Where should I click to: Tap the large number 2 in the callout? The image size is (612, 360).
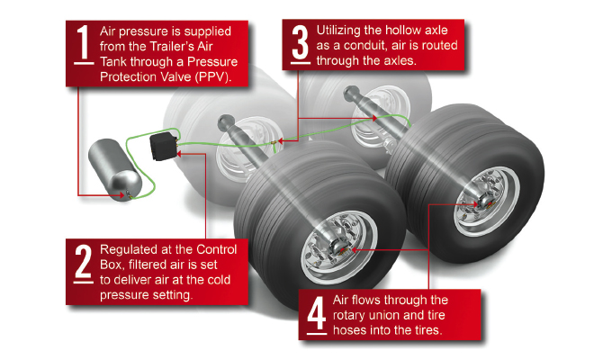pyautogui.click(x=83, y=260)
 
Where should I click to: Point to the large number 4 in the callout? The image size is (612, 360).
pyautogui.click(x=315, y=314)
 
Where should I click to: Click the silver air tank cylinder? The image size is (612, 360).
pyautogui.click(x=115, y=169)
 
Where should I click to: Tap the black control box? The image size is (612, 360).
pyautogui.click(x=163, y=145)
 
